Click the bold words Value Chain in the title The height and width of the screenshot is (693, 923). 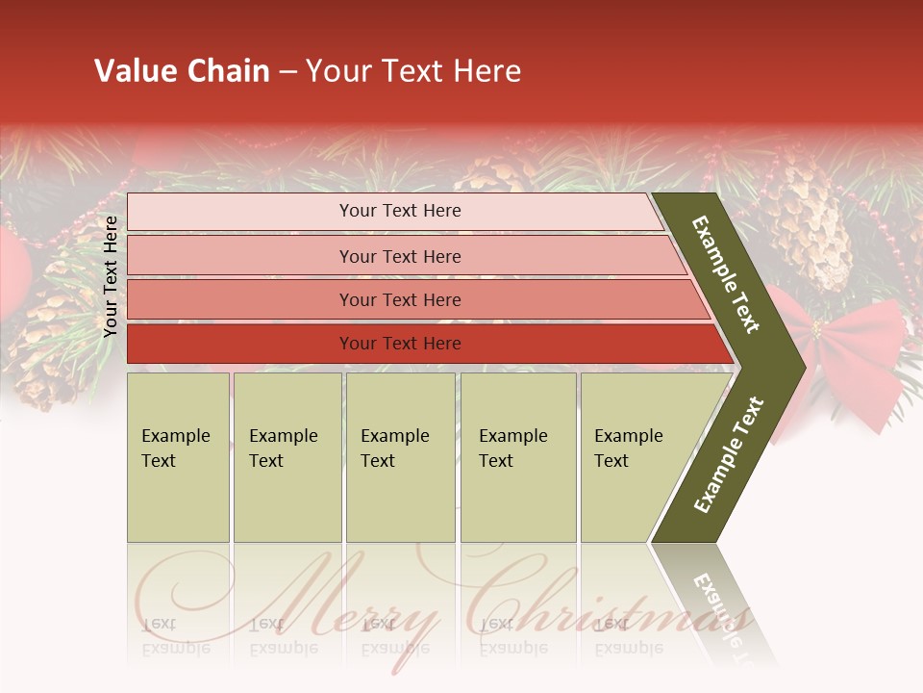[x=182, y=71]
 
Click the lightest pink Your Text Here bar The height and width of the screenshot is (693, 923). [x=400, y=211]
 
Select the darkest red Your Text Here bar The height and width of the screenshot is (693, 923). [x=400, y=344]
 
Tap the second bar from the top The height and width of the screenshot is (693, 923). [x=400, y=256]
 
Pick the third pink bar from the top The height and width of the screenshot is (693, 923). [x=400, y=300]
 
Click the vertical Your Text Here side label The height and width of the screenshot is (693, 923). [x=111, y=276]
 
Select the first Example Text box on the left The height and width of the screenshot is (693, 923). [x=178, y=457]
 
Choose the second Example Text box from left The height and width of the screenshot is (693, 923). [x=287, y=457]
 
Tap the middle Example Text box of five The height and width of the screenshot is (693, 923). [x=400, y=457]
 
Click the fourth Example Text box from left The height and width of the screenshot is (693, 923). [x=518, y=457]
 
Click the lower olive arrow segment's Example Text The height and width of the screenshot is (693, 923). [x=728, y=454]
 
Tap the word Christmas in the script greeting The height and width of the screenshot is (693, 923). [x=606, y=602]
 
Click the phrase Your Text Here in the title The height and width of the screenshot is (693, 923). [x=413, y=71]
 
